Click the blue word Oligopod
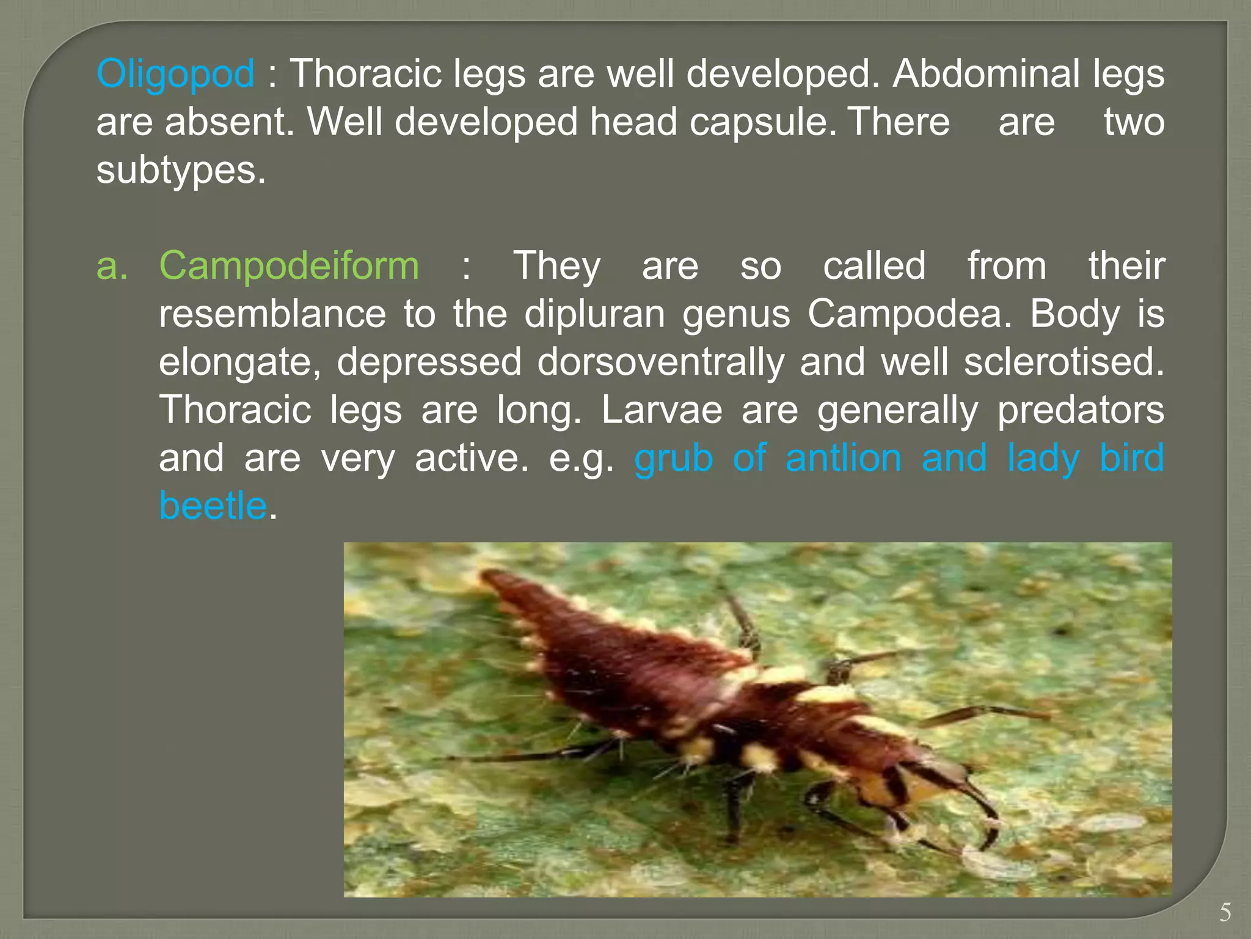175,74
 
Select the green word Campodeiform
289,266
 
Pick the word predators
1081,410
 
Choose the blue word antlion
843,458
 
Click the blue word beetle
213,506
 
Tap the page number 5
1225,913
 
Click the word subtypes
181,170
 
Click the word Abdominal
985,74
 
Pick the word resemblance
272,314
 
